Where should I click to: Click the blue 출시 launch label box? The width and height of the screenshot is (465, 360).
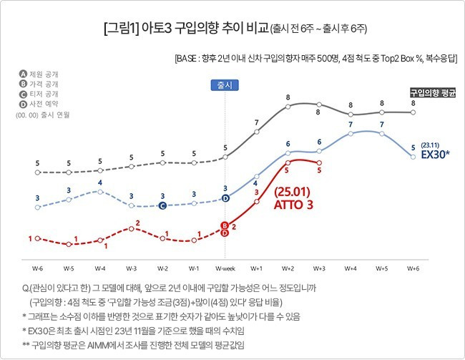[x=225, y=85]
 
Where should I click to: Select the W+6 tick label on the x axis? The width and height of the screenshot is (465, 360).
[x=413, y=268]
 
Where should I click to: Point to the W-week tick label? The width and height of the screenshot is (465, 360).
[x=225, y=268]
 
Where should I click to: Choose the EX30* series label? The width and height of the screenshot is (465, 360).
[x=435, y=154]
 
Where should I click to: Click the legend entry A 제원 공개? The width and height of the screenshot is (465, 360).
[x=41, y=74]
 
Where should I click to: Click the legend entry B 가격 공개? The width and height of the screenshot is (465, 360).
[x=41, y=84]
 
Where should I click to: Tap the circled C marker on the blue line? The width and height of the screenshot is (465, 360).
[x=162, y=205]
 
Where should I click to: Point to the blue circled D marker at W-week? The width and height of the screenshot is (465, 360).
[x=225, y=198]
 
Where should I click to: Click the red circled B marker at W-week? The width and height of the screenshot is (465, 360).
[x=225, y=225]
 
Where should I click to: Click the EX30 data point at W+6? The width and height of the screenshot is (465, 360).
[x=413, y=156]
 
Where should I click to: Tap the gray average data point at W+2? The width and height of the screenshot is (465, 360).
[x=288, y=105]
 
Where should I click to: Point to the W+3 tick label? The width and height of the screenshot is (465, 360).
[x=319, y=268]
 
